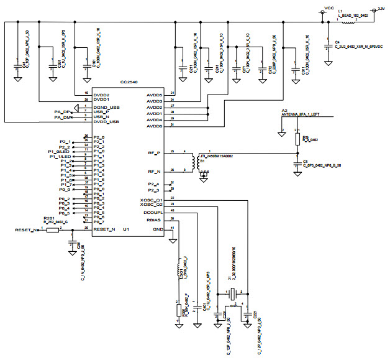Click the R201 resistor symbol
point(52,229)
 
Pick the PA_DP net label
point(62,112)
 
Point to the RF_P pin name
point(153,152)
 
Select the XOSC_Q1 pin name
point(152,200)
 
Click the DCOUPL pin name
point(152,211)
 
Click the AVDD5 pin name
point(153,95)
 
